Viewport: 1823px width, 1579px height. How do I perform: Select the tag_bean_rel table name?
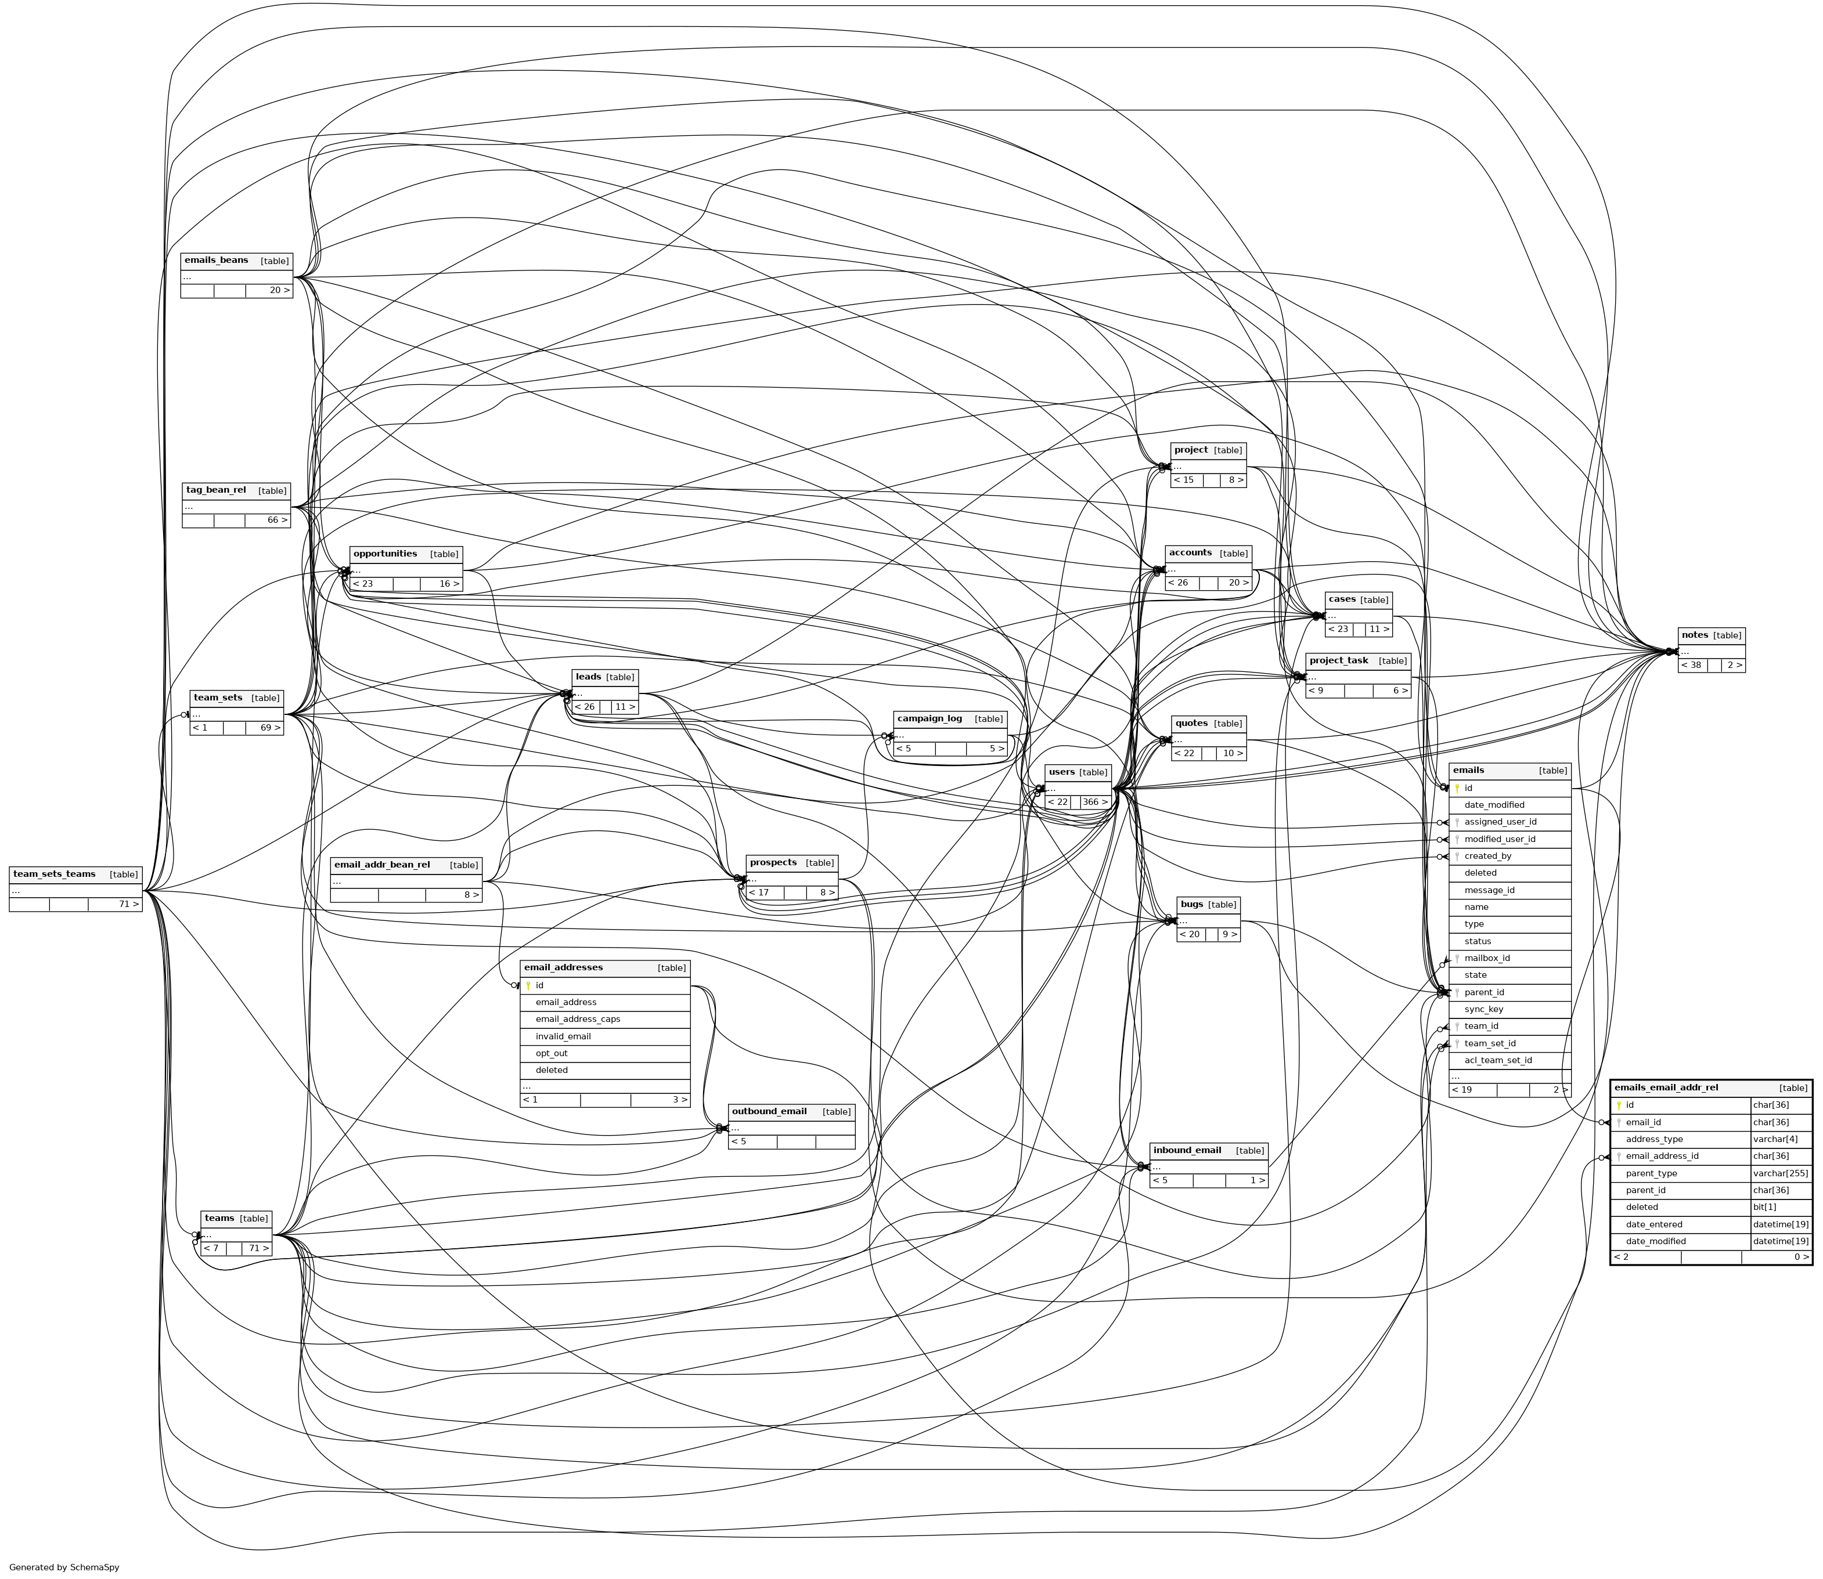(216, 490)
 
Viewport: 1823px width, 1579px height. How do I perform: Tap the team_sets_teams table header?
(55, 874)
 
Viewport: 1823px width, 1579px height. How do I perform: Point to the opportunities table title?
(386, 554)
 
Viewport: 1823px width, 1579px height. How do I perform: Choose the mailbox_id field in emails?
(1486, 958)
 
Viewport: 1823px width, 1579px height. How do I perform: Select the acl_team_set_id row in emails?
(1498, 1060)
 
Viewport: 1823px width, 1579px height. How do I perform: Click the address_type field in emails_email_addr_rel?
(1653, 1139)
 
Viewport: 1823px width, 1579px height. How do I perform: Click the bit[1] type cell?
(1764, 1207)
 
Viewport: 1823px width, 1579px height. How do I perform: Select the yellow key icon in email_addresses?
(528, 986)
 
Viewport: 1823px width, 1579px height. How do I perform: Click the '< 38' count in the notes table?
(1691, 665)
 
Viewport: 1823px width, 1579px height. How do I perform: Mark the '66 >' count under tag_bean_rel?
(278, 520)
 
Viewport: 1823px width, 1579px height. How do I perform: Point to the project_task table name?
(1338, 660)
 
